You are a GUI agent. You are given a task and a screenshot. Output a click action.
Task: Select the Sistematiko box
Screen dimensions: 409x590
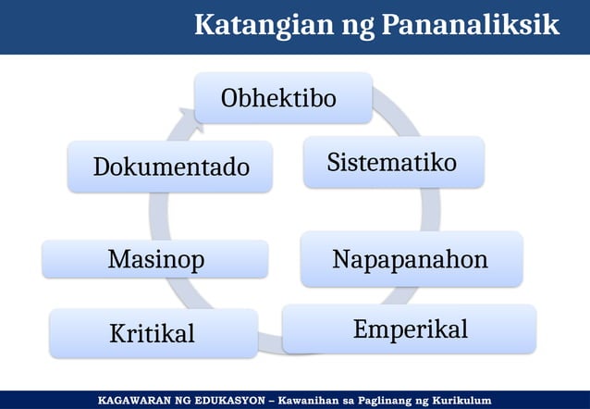(393, 163)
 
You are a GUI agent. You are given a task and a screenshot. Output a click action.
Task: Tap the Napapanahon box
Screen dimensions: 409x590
(411, 260)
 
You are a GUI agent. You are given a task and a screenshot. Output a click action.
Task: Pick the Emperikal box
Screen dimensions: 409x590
(409, 329)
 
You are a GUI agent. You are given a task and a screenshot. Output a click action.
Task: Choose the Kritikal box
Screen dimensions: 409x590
(153, 333)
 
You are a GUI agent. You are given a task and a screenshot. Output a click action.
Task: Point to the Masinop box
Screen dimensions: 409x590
(155, 260)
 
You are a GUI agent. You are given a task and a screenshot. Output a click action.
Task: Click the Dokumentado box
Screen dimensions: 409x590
(170, 167)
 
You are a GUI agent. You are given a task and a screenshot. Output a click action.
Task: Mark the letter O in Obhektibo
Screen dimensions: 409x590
(228, 98)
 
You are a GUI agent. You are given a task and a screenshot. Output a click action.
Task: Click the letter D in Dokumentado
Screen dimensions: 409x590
(101, 167)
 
